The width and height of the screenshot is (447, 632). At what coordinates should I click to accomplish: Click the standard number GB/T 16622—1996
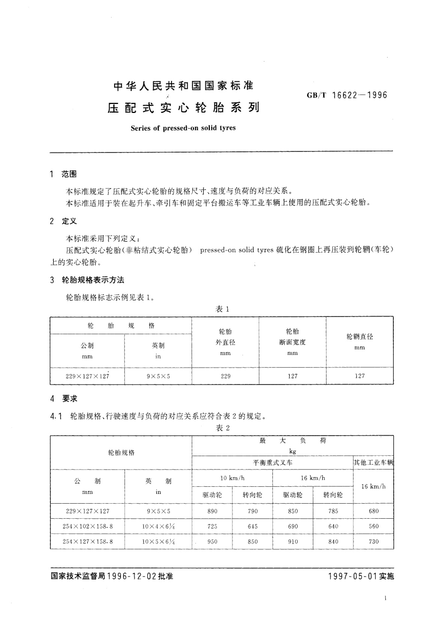tap(347, 95)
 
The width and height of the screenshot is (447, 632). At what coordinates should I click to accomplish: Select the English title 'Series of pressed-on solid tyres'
tap(183, 128)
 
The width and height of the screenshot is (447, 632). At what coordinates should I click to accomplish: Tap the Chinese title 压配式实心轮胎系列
tap(184, 108)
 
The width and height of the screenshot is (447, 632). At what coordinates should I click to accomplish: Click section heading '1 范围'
tap(63, 174)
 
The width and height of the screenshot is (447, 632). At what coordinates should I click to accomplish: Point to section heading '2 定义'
tap(63, 221)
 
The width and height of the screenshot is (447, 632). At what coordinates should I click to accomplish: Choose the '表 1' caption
tap(222, 309)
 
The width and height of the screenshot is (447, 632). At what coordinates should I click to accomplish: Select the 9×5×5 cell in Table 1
tap(158, 376)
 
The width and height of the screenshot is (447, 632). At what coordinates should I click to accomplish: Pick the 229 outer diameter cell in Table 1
tap(226, 376)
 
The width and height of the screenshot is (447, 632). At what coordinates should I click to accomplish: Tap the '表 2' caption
tap(223, 428)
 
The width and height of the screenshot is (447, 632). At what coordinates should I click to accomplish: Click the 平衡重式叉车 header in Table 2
tap(272, 463)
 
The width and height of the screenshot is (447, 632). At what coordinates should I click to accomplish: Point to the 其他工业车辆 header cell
tap(373, 463)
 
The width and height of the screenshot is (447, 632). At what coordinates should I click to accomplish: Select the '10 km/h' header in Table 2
tap(232, 478)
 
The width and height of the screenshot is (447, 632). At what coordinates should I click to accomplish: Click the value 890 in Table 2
tap(212, 511)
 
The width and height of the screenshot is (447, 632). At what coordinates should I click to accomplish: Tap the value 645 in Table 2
tap(253, 527)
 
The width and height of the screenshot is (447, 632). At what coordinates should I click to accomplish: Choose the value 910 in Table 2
tap(293, 542)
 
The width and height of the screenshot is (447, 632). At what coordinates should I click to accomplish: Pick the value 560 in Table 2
tap(373, 527)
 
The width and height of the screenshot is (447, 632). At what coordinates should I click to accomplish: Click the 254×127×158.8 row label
tap(87, 542)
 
